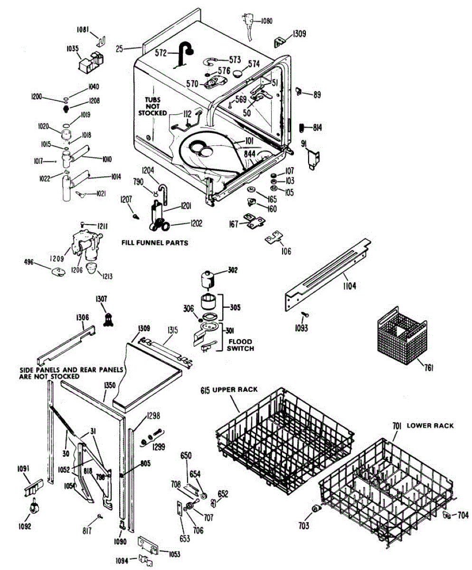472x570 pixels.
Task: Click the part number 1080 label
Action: point(266,21)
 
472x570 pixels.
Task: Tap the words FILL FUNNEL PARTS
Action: point(154,243)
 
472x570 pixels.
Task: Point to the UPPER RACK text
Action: point(235,389)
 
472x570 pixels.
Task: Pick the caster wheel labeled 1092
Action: point(34,508)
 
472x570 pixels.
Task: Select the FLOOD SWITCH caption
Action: point(240,345)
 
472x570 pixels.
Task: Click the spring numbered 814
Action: point(301,127)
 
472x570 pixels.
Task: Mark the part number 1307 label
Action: point(101,299)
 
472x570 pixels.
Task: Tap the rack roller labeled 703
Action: point(314,510)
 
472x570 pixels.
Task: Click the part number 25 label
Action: point(119,48)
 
